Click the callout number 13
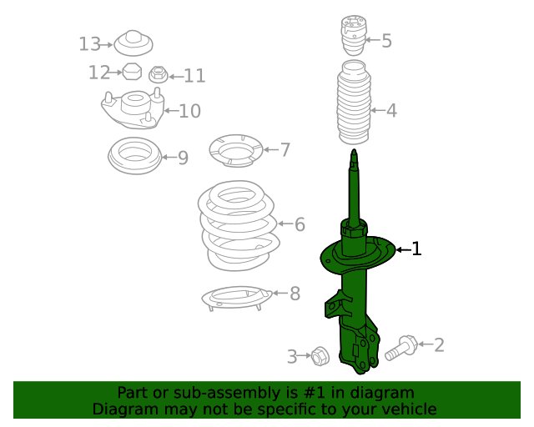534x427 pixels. (x=89, y=44)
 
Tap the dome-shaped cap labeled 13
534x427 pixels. (x=131, y=42)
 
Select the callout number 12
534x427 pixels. (x=99, y=73)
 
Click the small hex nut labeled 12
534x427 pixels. (x=130, y=72)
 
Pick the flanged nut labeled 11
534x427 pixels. (x=157, y=75)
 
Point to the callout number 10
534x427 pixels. (x=189, y=111)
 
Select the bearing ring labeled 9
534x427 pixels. (x=134, y=156)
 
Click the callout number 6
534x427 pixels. (x=300, y=224)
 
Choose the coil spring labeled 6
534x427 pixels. (x=238, y=224)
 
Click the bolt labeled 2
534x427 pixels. (x=401, y=347)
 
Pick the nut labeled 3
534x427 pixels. (x=318, y=356)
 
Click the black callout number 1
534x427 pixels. (x=416, y=249)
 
